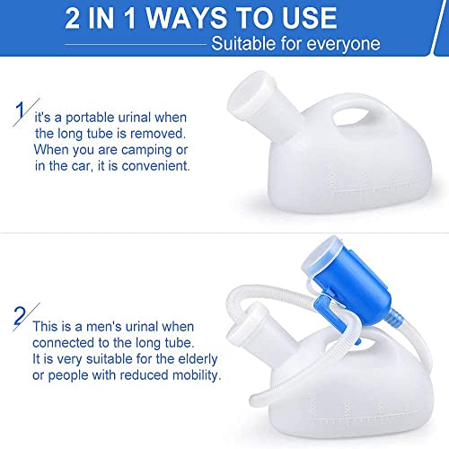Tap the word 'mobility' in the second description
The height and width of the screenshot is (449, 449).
point(191,374)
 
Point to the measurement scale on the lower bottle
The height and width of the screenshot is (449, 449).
point(377,416)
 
